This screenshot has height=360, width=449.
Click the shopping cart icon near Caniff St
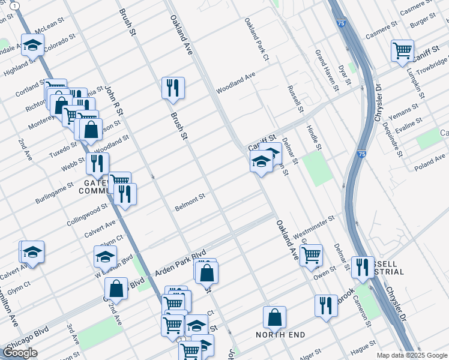tap(402, 50)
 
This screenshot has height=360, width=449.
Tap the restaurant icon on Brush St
tap(173, 88)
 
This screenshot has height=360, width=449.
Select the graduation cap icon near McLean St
tap(32, 45)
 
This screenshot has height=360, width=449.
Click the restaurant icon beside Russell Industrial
tap(362, 267)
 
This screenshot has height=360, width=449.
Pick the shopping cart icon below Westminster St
tap(311, 255)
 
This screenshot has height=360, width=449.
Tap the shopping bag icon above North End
tap(274, 317)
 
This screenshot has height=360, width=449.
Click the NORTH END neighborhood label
tap(280, 335)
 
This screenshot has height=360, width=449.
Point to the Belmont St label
tap(190, 202)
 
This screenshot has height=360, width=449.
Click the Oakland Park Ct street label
tap(256, 40)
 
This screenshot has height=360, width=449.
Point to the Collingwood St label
tap(87, 212)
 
